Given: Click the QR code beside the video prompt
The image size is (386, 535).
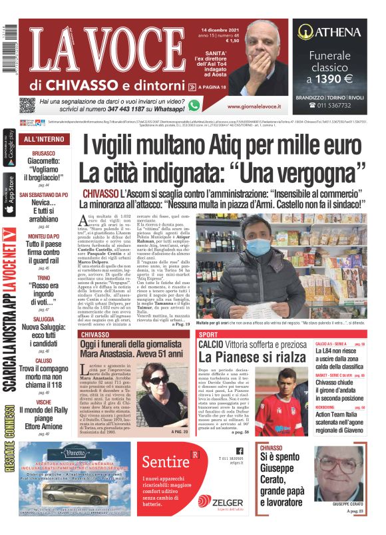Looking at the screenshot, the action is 27,106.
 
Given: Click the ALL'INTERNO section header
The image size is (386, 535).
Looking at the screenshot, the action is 45,139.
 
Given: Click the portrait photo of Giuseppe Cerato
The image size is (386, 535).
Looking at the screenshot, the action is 339,476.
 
